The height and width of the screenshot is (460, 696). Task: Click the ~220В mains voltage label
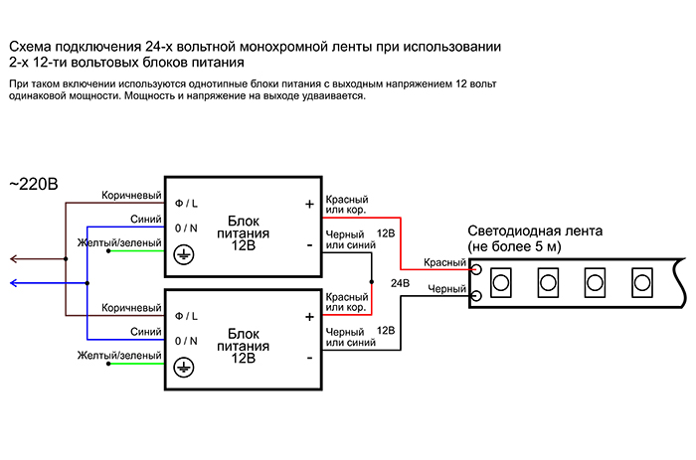[33, 184]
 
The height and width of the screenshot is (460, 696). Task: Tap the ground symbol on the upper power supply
[183, 253]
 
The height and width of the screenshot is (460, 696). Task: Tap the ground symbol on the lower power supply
[183, 368]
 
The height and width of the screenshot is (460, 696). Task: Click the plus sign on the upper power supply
[308, 204]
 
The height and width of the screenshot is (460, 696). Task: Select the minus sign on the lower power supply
[308, 357]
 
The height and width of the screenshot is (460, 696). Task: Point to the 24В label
[400, 283]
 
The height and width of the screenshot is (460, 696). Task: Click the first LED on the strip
[500, 280]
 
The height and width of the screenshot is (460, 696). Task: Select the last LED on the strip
[643, 280]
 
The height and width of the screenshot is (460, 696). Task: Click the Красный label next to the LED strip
[445, 262]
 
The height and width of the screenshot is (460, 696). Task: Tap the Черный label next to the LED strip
[446, 289]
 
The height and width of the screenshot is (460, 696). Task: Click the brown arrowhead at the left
[13, 259]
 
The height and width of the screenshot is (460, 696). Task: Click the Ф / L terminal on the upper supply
[186, 202]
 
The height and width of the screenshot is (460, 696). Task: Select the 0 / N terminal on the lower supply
[186, 341]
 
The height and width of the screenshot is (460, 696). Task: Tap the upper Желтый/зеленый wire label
[118, 241]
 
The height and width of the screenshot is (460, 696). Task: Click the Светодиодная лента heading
[534, 230]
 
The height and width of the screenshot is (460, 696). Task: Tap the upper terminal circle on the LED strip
[476, 268]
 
